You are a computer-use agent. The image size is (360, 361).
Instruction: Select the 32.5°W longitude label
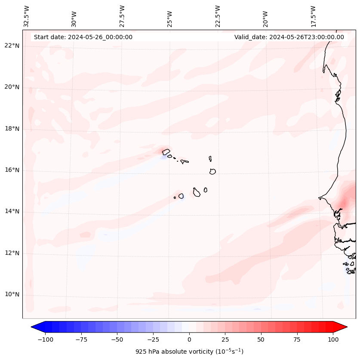coord(27,16)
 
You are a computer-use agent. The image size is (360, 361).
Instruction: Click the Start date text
coord(83,37)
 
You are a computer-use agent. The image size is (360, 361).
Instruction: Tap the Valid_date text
coord(289,37)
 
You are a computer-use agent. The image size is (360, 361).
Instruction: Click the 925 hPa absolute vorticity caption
coord(189,352)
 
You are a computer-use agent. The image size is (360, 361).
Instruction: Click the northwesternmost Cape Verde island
coord(166,151)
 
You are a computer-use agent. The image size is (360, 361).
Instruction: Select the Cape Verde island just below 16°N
coord(212,171)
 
